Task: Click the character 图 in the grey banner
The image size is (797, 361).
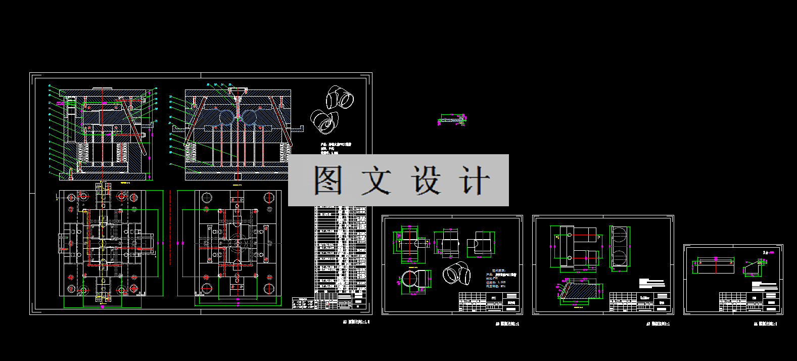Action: click(x=329, y=180)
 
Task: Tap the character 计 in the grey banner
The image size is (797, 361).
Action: click(x=474, y=180)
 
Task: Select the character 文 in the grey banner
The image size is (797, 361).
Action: click(x=377, y=180)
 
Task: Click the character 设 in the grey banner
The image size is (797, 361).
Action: click(x=426, y=180)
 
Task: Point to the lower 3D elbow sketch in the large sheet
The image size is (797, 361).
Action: click(x=323, y=121)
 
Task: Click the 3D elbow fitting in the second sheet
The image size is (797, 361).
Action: click(x=456, y=274)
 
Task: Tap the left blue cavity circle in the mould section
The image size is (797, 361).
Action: click(x=227, y=117)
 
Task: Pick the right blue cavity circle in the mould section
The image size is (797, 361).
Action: click(x=249, y=117)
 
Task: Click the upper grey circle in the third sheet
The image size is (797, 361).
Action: click(x=619, y=237)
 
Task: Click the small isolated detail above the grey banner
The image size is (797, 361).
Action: click(x=452, y=121)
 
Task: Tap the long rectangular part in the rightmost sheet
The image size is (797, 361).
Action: click(x=716, y=266)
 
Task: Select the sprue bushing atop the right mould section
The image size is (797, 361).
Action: click(x=238, y=93)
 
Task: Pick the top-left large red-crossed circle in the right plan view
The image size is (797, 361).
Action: click(x=207, y=197)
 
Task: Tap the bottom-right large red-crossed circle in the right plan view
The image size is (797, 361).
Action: click(x=268, y=289)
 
